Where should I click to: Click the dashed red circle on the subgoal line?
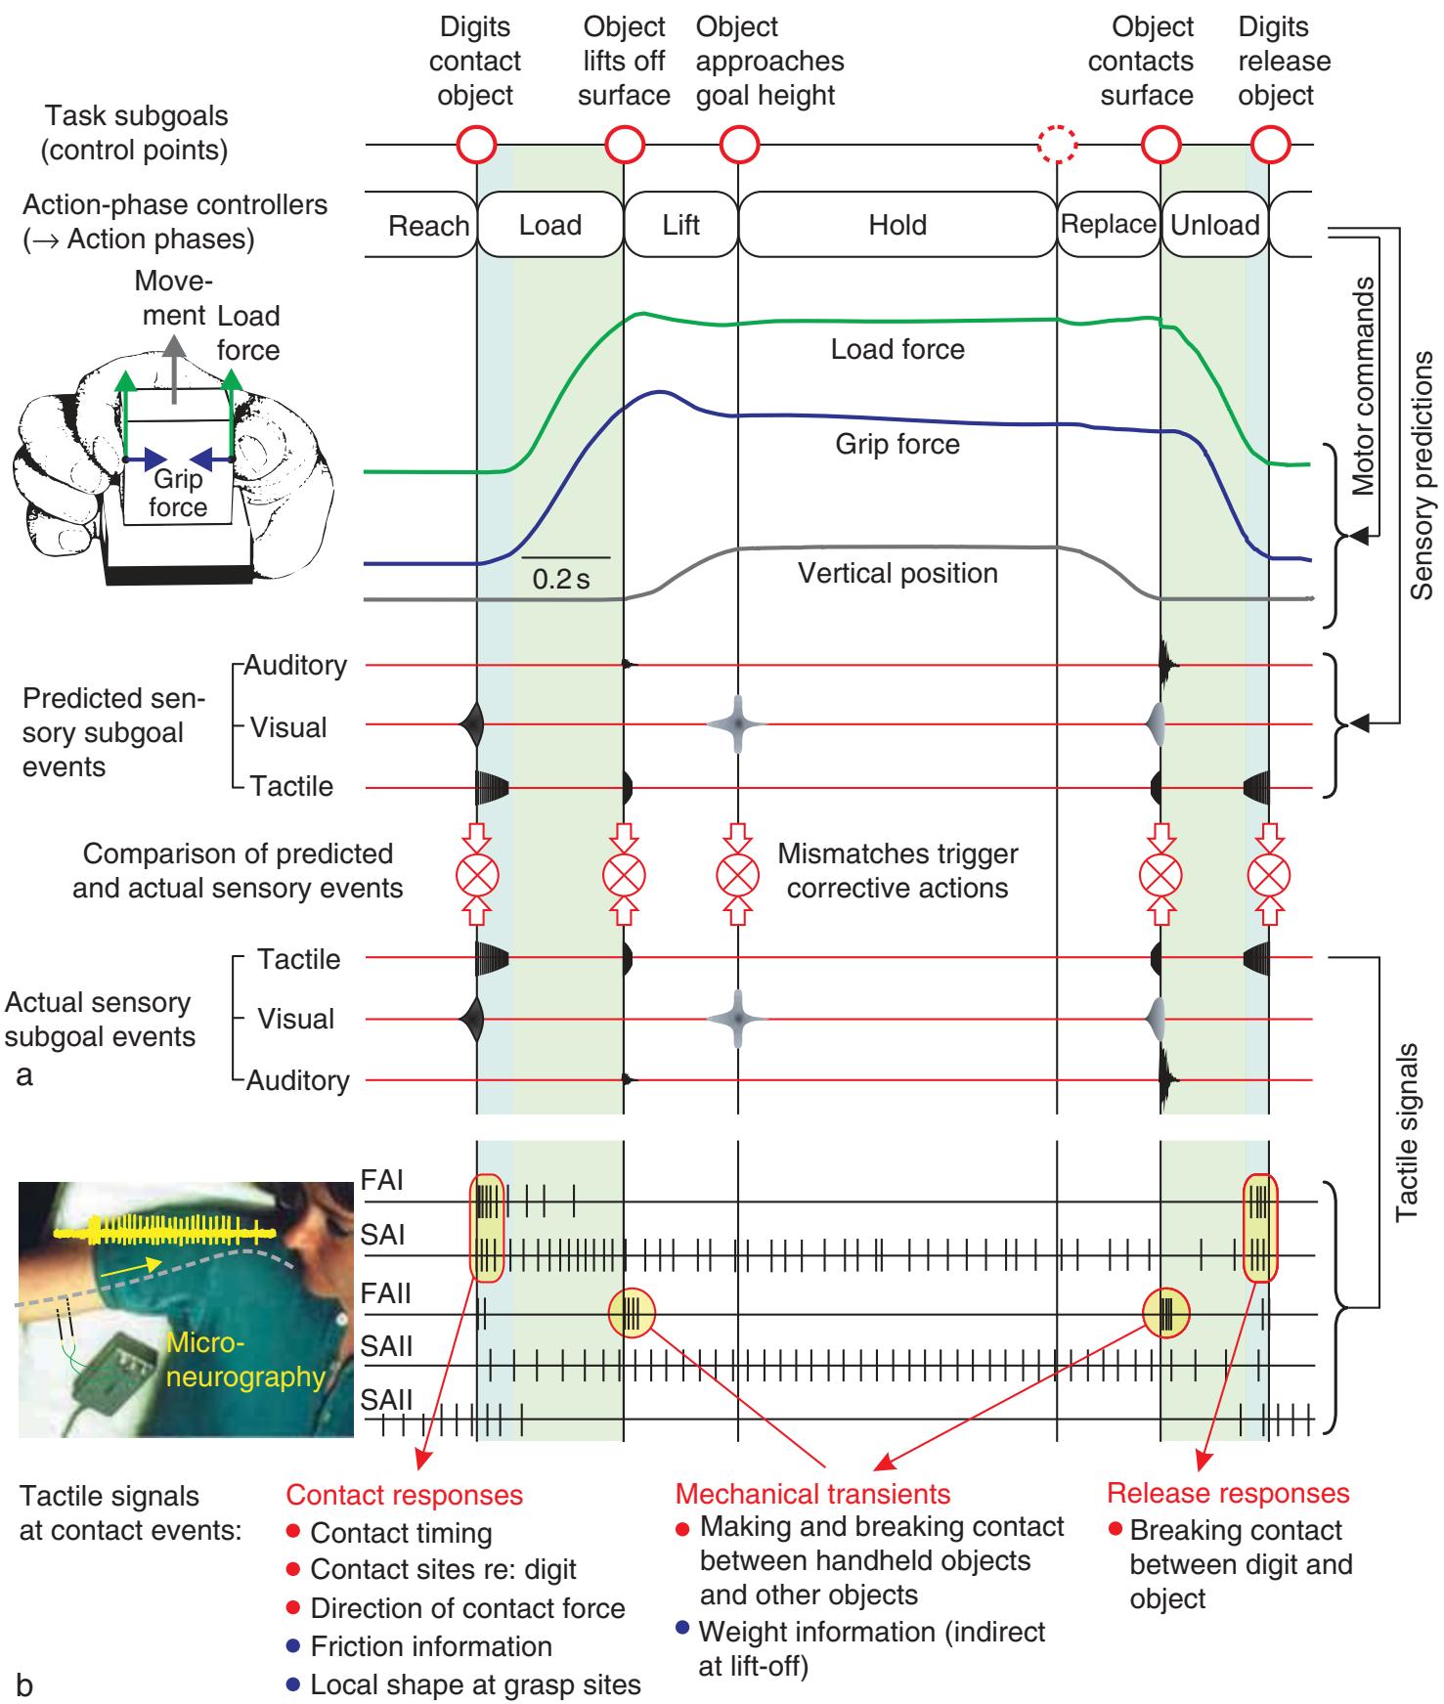tap(1057, 146)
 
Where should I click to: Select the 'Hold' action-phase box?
tap(897, 225)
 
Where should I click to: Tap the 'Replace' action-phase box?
tap(1109, 224)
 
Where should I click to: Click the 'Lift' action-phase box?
tap(680, 225)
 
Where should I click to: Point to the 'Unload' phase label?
tap(1214, 225)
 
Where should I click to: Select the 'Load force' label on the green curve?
tap(897, 349)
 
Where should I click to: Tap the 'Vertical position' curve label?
tap(897, 573)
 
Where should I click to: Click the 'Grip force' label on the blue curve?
tap(897, 445)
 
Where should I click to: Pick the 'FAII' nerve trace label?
tap(386, 1294)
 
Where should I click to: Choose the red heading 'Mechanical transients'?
tap(812, 1493)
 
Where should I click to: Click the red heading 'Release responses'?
tap(1227, 1493)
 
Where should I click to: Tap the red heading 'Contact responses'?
tap(404, 1495)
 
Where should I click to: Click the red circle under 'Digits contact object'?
tap(477, 146)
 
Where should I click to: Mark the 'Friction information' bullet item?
tap(430, 1646)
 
